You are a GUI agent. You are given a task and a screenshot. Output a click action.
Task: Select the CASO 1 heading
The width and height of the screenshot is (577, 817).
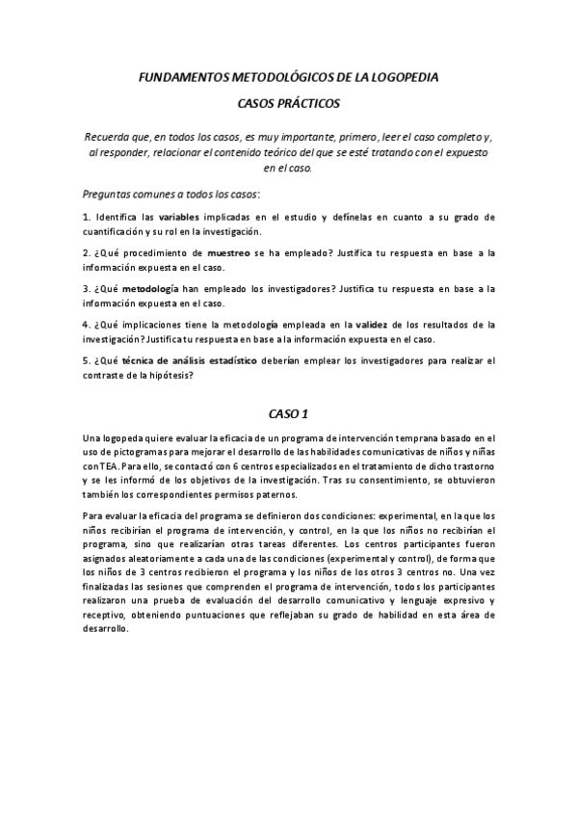288,414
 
